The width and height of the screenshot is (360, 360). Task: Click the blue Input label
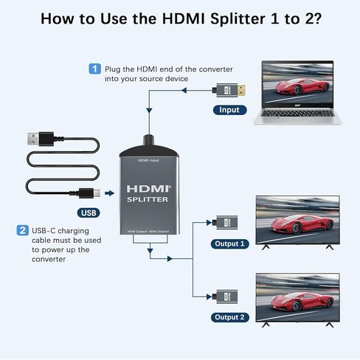(229, 110)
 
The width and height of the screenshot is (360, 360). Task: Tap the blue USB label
(89, 214)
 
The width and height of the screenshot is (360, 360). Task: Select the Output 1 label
(230, 244)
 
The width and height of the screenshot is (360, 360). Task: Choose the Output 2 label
(230, 317)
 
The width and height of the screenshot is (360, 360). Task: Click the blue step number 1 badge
(94, 69)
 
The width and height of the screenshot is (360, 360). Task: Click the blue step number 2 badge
(22, 230)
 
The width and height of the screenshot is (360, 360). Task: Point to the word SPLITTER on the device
(148, 199)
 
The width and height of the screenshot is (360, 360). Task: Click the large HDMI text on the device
(148, 187)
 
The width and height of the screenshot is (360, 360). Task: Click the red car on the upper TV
(297, 224)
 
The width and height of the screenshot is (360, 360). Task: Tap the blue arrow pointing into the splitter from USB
(109, 194)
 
